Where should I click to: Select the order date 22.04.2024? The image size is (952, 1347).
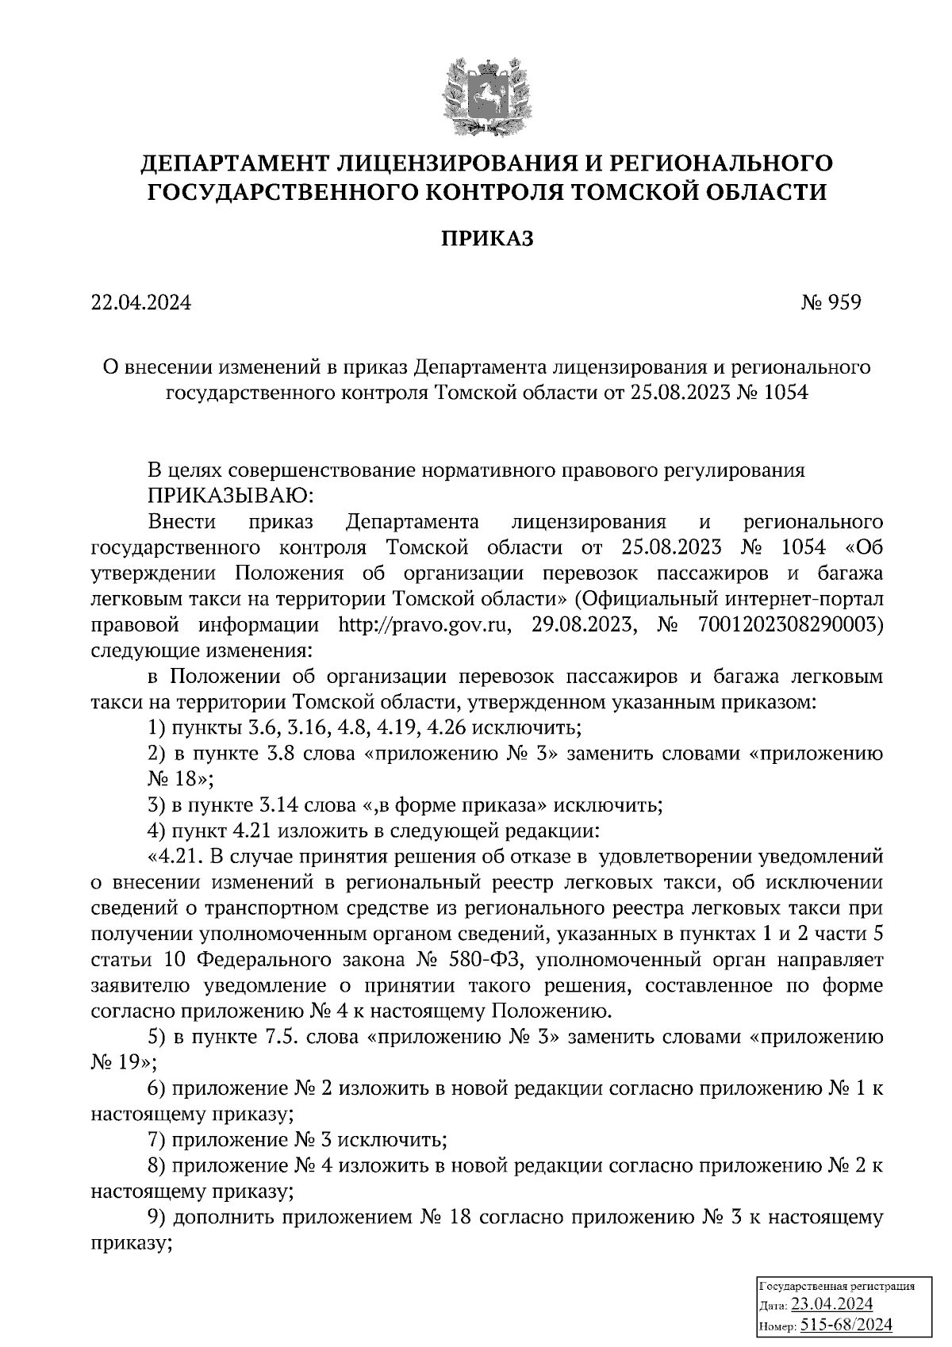pos(141,302)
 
